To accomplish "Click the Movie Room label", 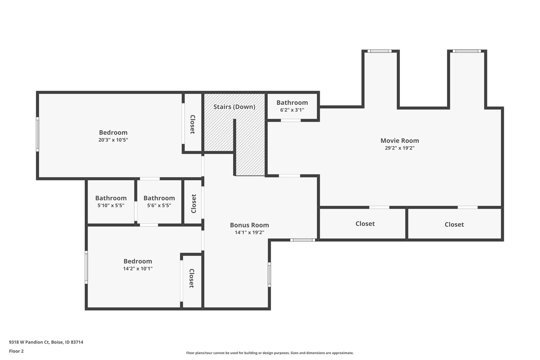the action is pyautogui.click(x=400, y=140).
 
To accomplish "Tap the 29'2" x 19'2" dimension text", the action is pyautogui.click(x=400, y=148).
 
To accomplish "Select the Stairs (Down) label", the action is pyautogui.click(x=234, y=107).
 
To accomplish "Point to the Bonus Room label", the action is pyautogui.click(x=249, y=225).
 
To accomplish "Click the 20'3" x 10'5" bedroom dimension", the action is pyautogui.click(x=113, y=140).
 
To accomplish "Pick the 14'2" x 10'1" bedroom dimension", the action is pyautogui.click(x=138, y=269).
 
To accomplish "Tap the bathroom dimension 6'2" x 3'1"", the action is pyautogui.click(x=292, y=110).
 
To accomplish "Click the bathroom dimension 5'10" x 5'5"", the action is pyautogui.click(x=111, y=205).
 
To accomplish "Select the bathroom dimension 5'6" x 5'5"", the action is pyautogui.click(x=159, y=205).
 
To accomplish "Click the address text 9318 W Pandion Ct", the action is pyautogui.click(x=29, y=342).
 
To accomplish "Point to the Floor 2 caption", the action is pyautogui.click(x=17, y=351).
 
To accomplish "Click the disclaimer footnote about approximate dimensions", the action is pyautogui.click(x=270, y=353).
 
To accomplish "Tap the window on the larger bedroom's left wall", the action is pyautogui.click(x=37, y=135).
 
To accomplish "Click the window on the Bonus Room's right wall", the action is pyautogui.click(x=269, y=274).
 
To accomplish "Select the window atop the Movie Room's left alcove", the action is pyautogui.click(x=379, y=51).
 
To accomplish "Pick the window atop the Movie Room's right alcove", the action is pyautogui.click(x=467, y=51).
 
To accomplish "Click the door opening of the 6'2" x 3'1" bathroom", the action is pyautogui.click(x=291, y=120).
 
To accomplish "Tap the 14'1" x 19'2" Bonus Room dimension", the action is pyautogui.click(x=249, y=232).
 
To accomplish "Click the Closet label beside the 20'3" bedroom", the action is pyautogui.click(x=193, y=124).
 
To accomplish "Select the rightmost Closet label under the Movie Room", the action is pyautogui.click(x=454, y=225).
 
